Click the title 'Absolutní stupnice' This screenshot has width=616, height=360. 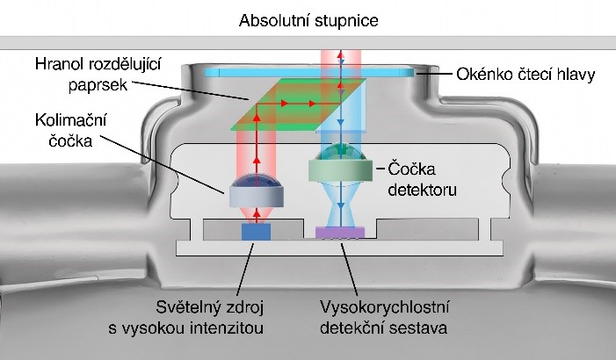point(308,20)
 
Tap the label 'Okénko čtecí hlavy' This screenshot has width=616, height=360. point(525,74)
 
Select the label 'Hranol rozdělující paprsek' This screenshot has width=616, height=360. point(98,75)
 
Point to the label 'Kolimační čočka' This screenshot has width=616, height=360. point(70,130)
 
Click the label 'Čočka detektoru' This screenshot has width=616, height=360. point(423,179)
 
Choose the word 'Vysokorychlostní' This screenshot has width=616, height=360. point(385,307)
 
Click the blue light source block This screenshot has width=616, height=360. point(256,232)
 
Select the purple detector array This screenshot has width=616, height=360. point(340,233)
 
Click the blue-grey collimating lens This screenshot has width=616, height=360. point(256,192)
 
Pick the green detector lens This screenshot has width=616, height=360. point(340,165)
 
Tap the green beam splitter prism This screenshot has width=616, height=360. point(299,104)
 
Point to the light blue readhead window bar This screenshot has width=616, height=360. point(309,73)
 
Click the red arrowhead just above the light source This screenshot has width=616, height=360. point(257,214)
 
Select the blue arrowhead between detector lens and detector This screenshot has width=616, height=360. point(341,206)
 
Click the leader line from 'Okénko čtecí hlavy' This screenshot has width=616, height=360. point(434,74)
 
